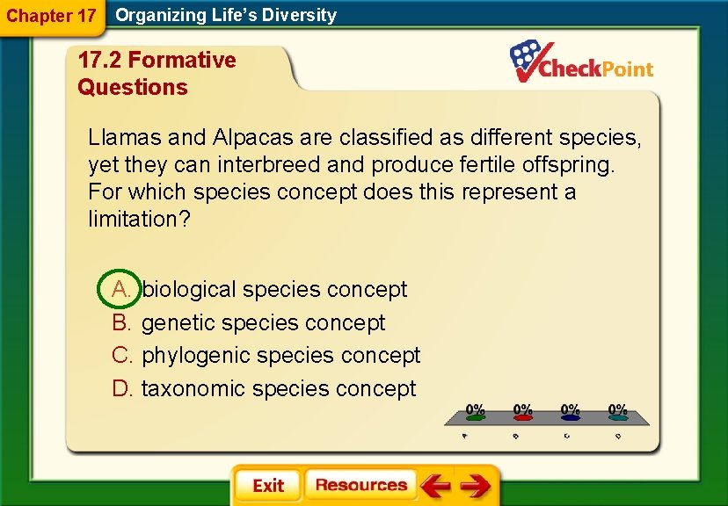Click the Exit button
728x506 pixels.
click(267, 486)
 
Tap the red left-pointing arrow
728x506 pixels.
click(435, 485)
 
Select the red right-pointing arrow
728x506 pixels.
click(475, 485)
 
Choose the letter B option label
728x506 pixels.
click(121, 322)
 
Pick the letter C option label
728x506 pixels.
click(121, 355)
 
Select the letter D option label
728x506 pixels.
click(121, 388)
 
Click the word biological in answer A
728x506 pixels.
click(189, 289)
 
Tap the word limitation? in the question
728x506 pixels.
click(139, 219)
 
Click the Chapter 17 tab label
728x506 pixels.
click(51, 16)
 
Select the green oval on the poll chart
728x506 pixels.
click(475, 418)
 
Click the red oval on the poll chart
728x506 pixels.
click(522, 418)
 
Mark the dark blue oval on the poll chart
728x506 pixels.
click(570, 418)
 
